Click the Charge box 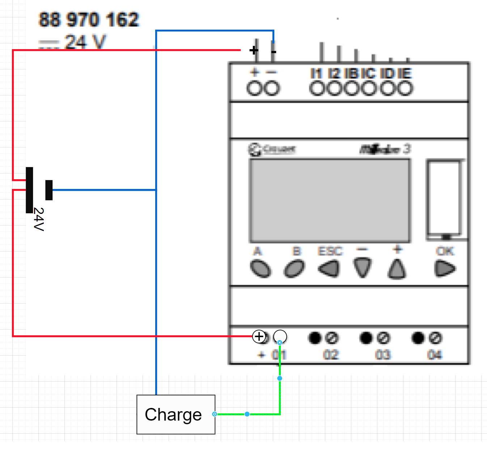[176, 414]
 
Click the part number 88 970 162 [89, 20]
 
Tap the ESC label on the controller [330, 251]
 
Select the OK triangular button [445, 268]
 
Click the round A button [261, 269]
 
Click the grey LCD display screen [330, 201]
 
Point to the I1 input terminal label [316, 73]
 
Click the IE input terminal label [405, 73]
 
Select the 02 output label [331, 355]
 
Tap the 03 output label [383, 355]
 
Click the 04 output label [435, 355]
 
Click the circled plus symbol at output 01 [259, 336]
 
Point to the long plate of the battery [29, 190]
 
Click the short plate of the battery [49, 190]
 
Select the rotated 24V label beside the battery [39, 219]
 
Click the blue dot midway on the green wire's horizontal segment [247, 414]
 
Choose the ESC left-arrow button [329, 269]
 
